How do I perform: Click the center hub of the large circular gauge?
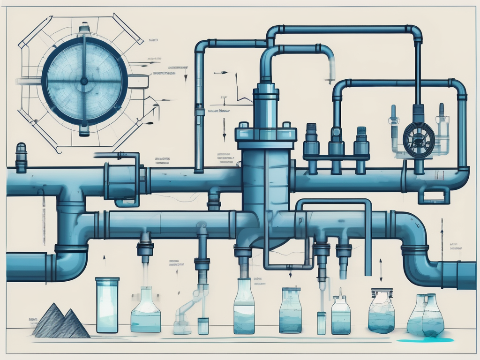pos(84,81)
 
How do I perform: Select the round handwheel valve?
pos(418,139)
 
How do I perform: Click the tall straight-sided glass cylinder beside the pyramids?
pos(107,305)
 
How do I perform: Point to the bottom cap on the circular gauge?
pos(84,130)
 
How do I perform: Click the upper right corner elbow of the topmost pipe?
pos(415,33)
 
